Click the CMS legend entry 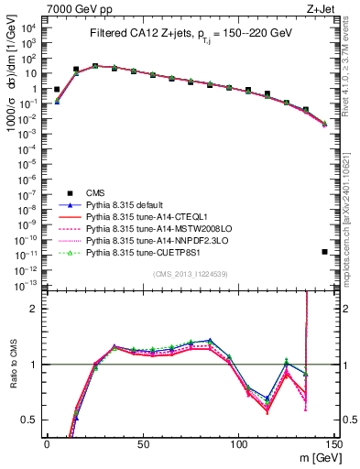tap(96, 192)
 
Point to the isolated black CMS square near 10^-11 tap(325, 252)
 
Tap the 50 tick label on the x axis tap(142, 442)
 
